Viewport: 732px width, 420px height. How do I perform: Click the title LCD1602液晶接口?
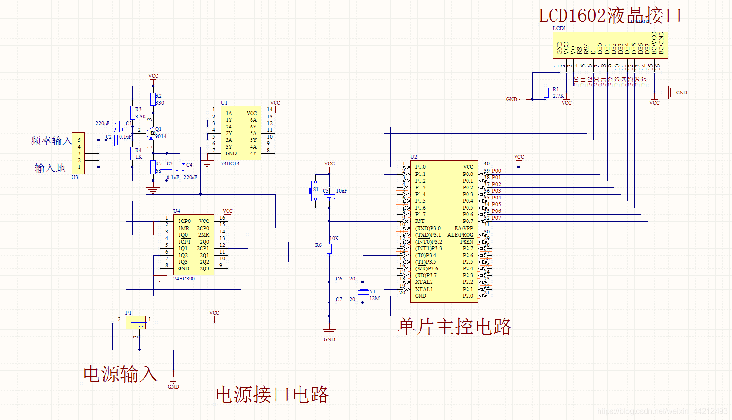[x=610, y=15]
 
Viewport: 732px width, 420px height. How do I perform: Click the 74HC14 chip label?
[x=230, y=163]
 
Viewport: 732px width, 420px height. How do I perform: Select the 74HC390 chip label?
[x=184, y=279]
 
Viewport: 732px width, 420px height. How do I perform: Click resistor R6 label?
[x=318, y=245]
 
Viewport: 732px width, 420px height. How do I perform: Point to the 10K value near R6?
[x=334, y=238]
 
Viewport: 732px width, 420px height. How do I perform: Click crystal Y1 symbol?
[x=363, y=292]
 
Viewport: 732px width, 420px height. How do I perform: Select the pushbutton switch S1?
[x=312, y=191]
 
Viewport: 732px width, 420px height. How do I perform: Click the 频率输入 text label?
[x=51, y=140]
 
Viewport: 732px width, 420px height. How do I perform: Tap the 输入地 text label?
[x=50, y=168]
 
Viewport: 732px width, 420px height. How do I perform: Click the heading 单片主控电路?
[x=454, y=327]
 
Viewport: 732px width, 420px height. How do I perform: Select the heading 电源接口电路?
[x=272, y=395]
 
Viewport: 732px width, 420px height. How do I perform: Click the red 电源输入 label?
[x=120, y=374]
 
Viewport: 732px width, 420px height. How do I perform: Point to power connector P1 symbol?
[x=135, y=322]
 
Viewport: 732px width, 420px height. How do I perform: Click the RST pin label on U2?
[x=420, y=221]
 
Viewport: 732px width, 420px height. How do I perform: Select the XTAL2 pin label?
[x=424, y=282]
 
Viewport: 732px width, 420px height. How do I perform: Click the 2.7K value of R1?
[x=558, y=96]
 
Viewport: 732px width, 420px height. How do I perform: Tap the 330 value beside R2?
[x=160, y=103]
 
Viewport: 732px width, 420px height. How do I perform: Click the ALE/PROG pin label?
[x=460, y=235]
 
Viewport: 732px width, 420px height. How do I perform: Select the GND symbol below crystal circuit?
[x=329, y=334]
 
